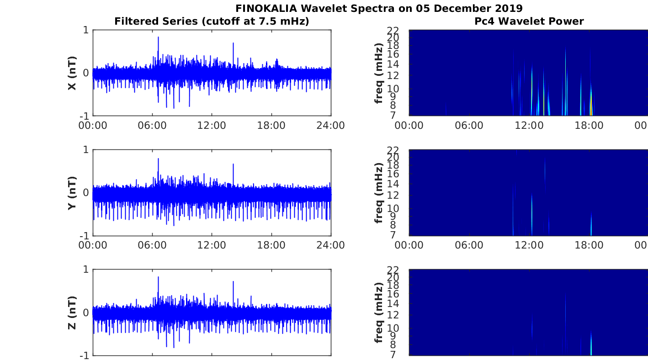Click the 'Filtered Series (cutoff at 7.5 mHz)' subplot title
212,21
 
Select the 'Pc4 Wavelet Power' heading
529,21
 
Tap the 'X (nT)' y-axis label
72,73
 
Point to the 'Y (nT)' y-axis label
72,193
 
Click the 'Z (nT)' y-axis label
72,312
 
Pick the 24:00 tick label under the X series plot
330,126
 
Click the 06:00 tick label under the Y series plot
152,245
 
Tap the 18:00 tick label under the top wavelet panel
589,126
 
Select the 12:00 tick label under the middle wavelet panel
529,245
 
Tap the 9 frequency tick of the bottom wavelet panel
404,336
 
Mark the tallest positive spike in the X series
158,37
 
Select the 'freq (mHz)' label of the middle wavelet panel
378,193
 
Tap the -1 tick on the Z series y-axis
85,355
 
